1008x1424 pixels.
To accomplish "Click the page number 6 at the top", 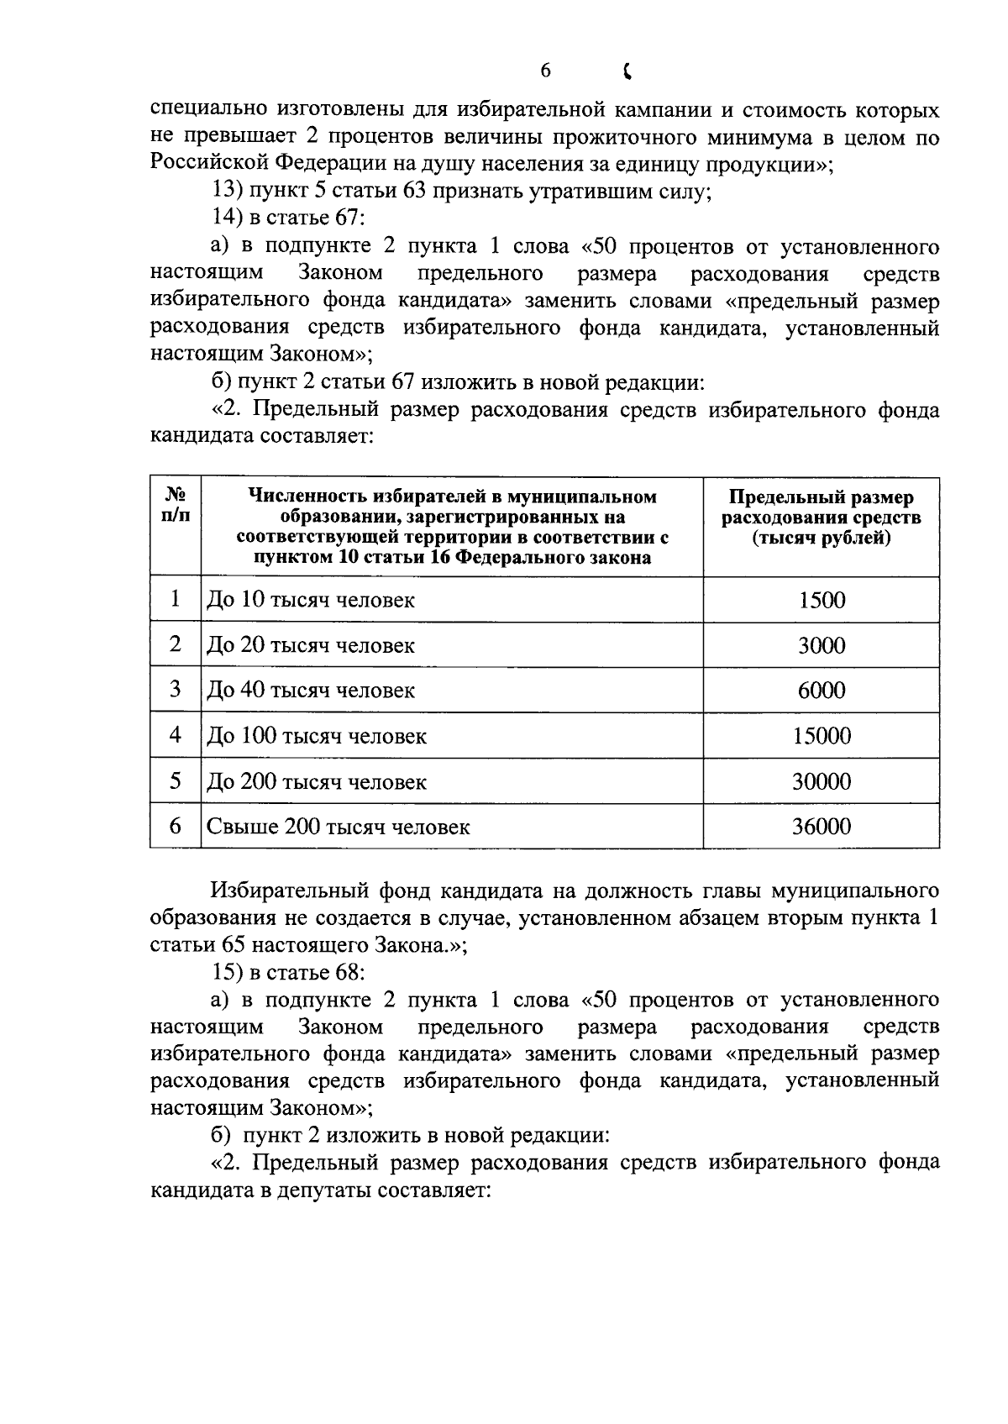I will point(545,71).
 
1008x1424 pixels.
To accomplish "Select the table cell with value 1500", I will point(822,600).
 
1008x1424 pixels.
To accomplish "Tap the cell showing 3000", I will point(822,645).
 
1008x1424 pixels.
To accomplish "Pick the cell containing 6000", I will point(822,691).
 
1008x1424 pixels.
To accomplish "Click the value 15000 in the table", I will point(822,736).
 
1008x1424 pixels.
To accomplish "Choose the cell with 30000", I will point(822,781).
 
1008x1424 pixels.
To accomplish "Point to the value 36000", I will point(822,827).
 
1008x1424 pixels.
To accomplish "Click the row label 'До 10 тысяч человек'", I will point(311,600).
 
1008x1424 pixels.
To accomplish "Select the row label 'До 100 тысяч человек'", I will point(317,736).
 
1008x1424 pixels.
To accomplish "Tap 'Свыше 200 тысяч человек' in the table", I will point(339,827).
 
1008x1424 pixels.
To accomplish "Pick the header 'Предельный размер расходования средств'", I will point(821,518).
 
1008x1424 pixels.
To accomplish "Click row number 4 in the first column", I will point(175,735).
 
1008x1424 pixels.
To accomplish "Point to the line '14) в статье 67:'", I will point(287,218).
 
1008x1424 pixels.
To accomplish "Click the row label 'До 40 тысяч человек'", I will point(311,691).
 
